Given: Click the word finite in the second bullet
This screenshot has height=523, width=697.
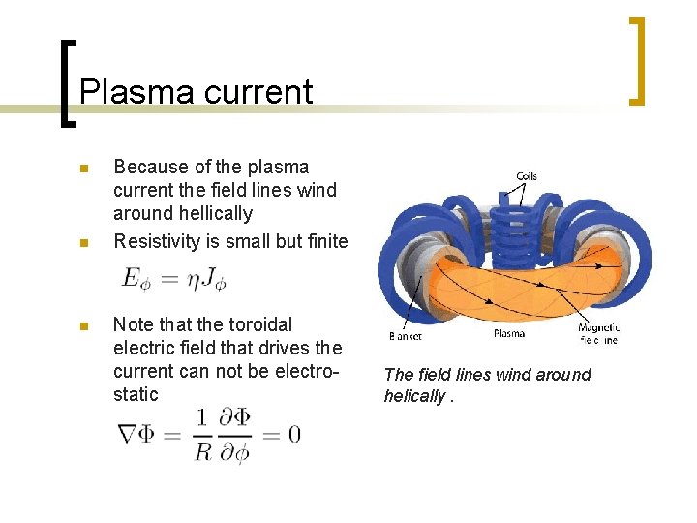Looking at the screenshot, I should (x=325, y=240).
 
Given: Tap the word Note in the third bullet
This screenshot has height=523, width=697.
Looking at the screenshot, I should (x=134, y=324).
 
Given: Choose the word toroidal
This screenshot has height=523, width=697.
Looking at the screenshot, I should (x=258, y=324).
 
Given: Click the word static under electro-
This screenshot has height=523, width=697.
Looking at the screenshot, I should (x=136, y=394).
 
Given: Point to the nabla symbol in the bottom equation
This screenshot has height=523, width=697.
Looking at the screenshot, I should (x=128, y=433).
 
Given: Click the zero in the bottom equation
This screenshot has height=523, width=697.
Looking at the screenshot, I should (x=293, y=434).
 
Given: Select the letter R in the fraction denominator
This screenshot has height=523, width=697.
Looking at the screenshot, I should (x=202, y=450).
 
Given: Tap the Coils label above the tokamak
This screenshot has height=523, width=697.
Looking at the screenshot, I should (x=526, y=176).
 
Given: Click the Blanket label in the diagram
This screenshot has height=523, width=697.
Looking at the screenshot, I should (x=405, y=336).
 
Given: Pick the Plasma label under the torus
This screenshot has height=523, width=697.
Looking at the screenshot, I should (x=508, y=334).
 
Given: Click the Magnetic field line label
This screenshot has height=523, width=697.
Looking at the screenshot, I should (x=597, y=334).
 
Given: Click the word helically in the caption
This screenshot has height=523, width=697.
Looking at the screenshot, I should (x=414, y=396).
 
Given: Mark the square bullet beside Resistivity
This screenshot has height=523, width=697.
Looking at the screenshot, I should (x=84, y=241).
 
